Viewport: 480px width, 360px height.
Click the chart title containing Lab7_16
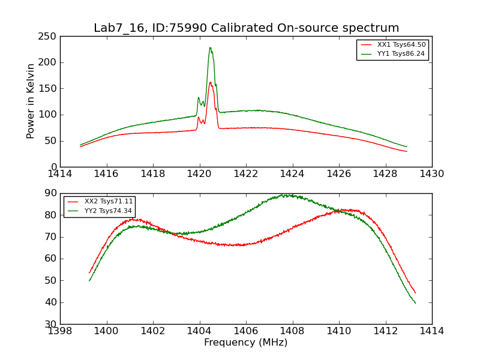[x=246, y=28]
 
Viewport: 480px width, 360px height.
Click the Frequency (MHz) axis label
[x=245, y=343]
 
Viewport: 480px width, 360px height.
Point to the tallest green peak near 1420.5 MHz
[x=210, y=48]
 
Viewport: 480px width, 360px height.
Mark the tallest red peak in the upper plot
[x=210, y=83]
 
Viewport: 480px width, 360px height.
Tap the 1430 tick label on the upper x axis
[x=431, y=174]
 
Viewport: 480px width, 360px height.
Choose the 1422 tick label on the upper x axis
[x=246, y=174]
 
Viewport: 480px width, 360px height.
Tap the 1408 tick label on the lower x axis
[x=292, y=331]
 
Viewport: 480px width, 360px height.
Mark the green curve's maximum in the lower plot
[x=286, y=195]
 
